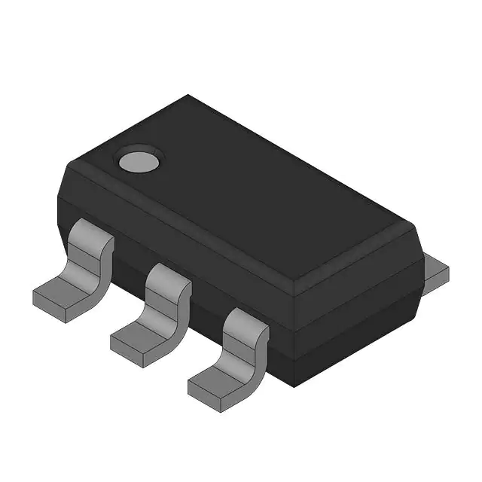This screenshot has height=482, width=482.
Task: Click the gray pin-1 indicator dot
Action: (x=139, y=160)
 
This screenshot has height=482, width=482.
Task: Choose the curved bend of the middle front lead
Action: (x=176, y=305)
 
